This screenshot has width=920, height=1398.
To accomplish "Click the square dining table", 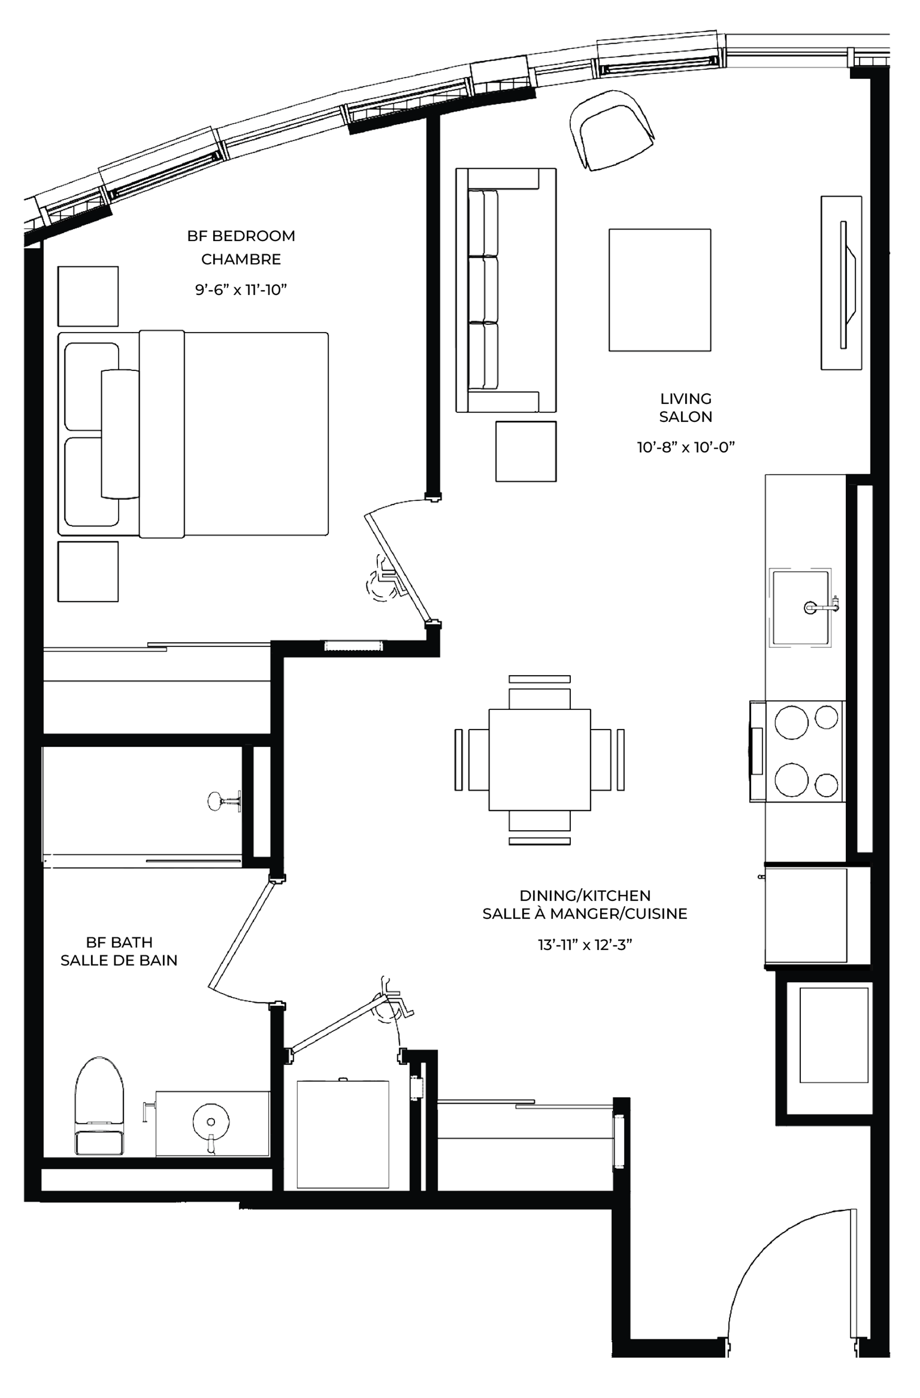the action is (x=539, y=759).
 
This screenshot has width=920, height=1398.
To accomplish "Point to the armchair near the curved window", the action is (x=612, y=130).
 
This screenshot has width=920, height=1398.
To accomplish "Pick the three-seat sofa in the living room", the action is (x=506, y=290).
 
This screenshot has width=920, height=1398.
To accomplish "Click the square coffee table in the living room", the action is (x=660, y=290).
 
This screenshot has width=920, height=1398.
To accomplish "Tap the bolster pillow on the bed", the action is (x=121, y=434).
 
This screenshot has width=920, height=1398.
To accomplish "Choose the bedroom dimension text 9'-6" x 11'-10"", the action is (x=241, y=290).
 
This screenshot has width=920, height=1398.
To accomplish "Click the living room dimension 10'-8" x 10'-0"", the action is (x=686, y=447).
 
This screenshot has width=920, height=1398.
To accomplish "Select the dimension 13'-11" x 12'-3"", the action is (x=584, y=944).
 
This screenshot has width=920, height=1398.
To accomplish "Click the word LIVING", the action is (x=686, y=398).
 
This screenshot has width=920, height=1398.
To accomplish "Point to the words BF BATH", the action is (x=119, y=942).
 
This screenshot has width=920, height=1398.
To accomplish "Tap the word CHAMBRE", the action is (x=241, y=259).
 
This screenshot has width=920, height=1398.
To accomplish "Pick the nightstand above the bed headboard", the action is (x=87, y=296).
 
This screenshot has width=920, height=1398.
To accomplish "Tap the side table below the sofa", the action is (x=526, y=451).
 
